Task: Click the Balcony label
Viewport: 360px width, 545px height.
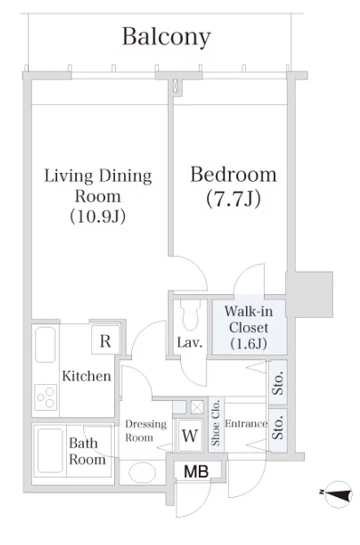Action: (x=166, y=37)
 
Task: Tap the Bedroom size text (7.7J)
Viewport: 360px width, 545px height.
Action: (x=233, y=199)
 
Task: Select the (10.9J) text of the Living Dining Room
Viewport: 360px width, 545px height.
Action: (x=98, y=216)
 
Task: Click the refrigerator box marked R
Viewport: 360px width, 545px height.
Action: (x=105, y=341)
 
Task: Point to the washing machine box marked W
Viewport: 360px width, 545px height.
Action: (x=190, y=435)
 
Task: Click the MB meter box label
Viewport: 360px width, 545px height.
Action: (x=196, y=472)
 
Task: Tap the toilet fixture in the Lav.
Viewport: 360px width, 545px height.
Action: (x=190, y=315)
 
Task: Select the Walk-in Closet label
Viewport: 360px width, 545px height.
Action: (x=249, y=328)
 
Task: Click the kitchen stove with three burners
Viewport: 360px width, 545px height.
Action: (x=46, y=397)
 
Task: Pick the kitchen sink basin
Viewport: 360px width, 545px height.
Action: (x=45, y=344)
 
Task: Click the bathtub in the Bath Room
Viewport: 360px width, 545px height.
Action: (x=51, y=451)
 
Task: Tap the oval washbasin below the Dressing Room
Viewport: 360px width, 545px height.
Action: (x=142, y=473)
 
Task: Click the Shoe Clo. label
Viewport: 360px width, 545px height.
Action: (x=215, y=423)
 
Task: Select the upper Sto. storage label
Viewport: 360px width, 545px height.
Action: (x=278, y=383)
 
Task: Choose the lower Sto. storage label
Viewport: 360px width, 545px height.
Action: (x=278, y=428)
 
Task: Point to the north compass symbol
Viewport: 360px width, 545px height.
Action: (x=337, y=494)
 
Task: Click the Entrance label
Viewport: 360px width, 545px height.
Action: (x=246, y=424)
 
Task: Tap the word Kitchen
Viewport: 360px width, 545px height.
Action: (x=87, y=376)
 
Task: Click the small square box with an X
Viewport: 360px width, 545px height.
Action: (x=197, y=406)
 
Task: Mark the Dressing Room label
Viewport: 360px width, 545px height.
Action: (x=146, y=431)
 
